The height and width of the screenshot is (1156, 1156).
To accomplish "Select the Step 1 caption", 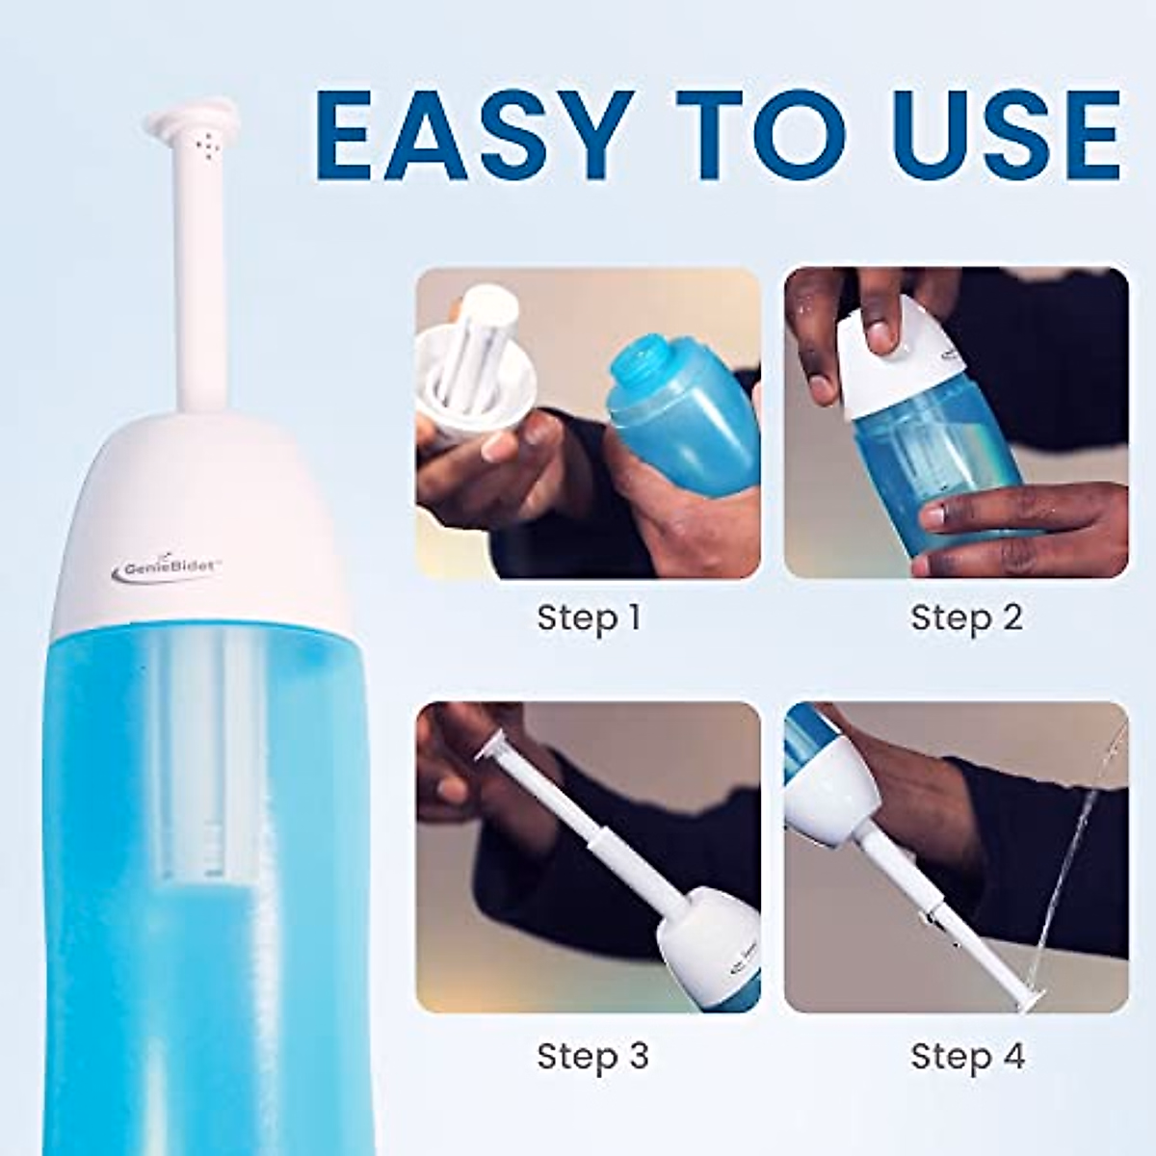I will pos(589,617).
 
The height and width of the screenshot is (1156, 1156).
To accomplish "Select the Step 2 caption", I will pos(966,617).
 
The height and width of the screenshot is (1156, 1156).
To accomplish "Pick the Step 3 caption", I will pos(592,1056).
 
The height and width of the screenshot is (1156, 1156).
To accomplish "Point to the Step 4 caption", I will pos(967,1056).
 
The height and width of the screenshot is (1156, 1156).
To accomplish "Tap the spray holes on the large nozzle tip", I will pos(205,144).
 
